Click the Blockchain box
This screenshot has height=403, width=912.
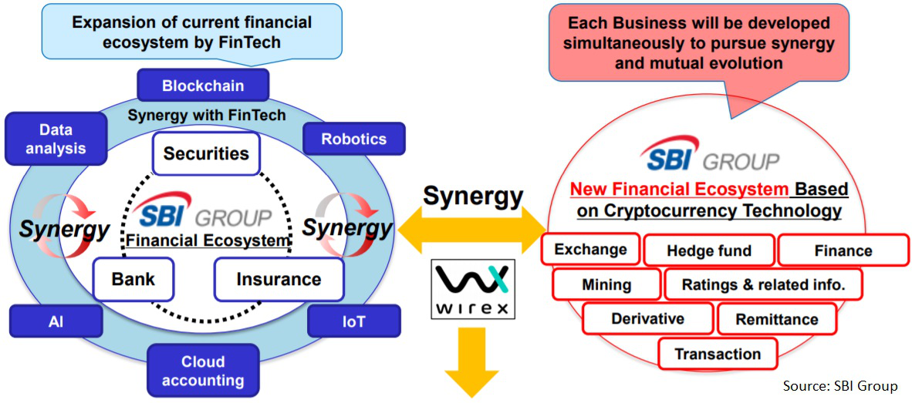pos(203,85)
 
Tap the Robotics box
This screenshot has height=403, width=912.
pos(343,139)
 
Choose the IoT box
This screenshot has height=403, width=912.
pos(354,321)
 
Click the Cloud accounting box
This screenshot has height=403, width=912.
pos(203,371)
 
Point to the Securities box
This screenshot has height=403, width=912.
pos(206,153)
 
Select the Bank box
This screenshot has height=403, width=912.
pos(133,278)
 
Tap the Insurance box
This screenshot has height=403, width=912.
pos(279,278)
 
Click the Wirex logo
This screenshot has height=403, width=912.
pos(473,290)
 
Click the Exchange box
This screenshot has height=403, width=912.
pos(590,250)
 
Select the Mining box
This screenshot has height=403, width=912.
pos(606,284)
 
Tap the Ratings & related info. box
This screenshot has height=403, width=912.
pos(763,284)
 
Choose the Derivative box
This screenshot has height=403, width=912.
pos(648,319)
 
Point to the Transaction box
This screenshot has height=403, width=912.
pos(718,354)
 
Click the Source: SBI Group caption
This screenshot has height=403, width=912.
pos(840,385)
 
